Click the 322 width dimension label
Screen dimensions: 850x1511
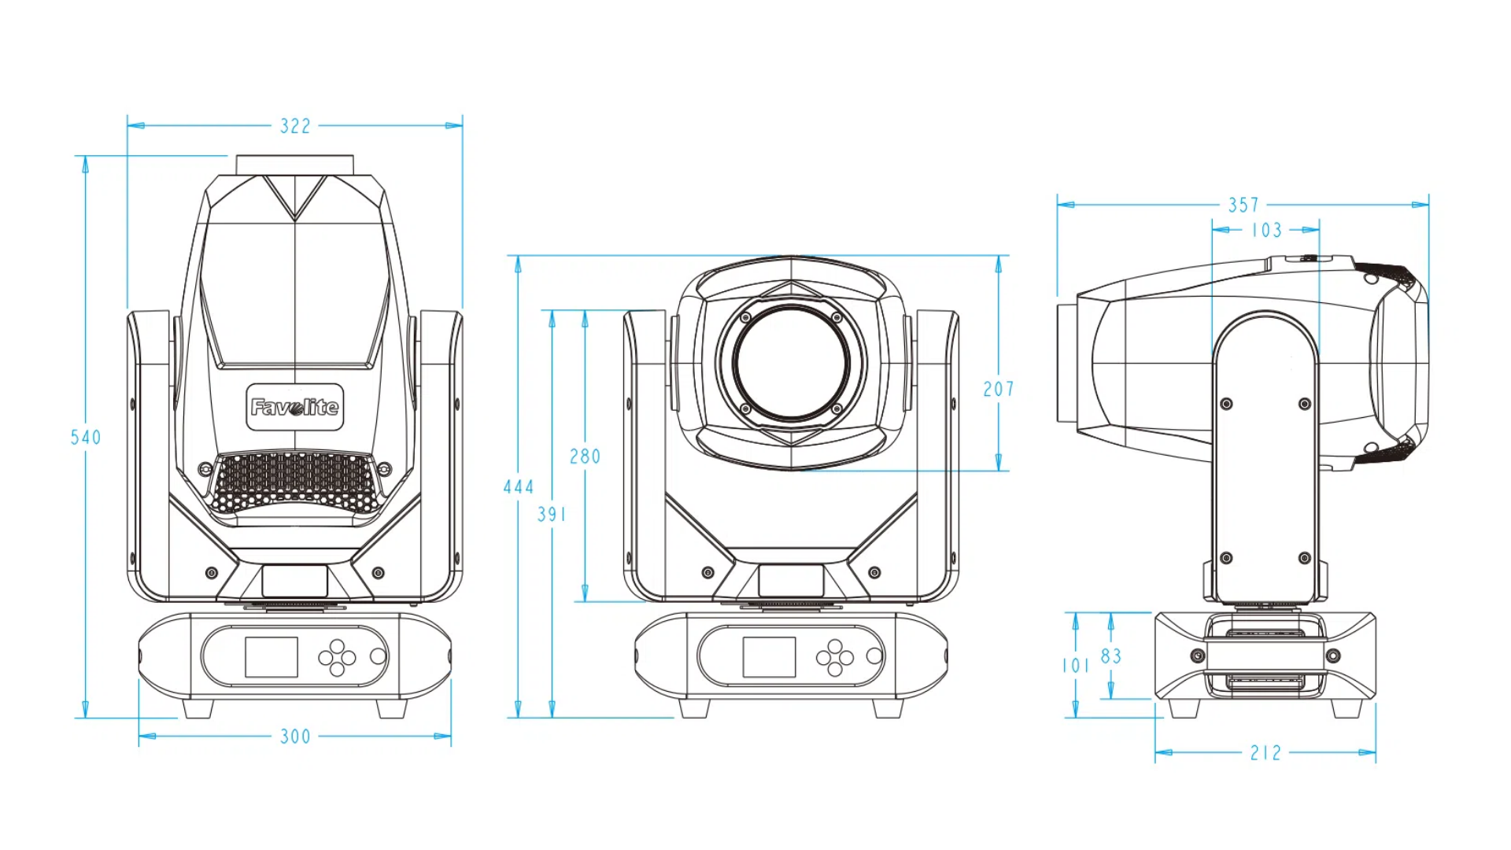coord(295,126)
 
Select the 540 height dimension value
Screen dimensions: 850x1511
coord(86,438)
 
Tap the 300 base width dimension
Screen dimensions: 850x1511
coord(295,737)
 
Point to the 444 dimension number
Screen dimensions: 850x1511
coord(519,487)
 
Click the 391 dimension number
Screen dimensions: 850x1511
coord(552,515)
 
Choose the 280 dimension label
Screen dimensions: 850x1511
coord(585,456)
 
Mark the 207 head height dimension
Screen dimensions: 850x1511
coord(998,389)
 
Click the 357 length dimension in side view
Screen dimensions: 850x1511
coord(1243,205)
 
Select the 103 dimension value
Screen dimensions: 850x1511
coord(1266,231)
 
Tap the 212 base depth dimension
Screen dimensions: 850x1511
coord(1265,753)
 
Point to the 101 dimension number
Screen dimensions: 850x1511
coord(1075,666)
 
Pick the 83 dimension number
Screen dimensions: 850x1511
coord(1110,656)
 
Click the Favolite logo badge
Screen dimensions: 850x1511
coord(295,407)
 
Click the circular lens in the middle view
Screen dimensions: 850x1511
coord(792,363)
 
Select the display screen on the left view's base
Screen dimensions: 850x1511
coord(272,657)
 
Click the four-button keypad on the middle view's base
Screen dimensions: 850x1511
coord(835,657)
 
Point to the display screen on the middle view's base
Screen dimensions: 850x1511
coord(769,657)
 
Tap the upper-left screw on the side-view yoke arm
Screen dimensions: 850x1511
coord(1226,404)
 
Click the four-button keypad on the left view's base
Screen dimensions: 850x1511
coord(337,657)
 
